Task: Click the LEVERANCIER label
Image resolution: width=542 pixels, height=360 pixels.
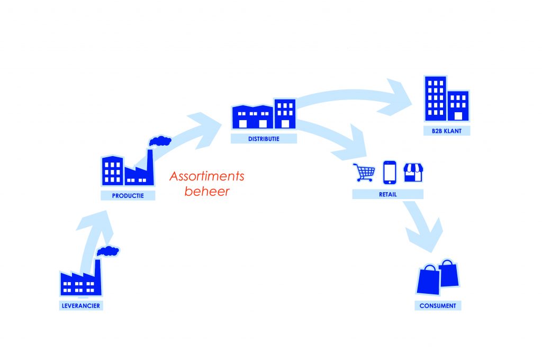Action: tap(79, 305)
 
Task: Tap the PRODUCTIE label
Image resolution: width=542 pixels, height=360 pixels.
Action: tap(129, 195)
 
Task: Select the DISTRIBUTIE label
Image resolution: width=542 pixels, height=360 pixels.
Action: tap(264, 139)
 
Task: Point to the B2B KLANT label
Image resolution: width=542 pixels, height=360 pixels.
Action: tap(446, 131)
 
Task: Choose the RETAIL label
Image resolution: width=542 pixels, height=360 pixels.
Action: tap(387, 194)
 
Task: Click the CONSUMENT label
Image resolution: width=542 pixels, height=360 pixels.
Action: tap(438, 305)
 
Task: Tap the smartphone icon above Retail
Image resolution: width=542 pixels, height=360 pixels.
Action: tap(390, 172)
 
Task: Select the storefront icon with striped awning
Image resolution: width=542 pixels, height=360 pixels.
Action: tap(414, 172)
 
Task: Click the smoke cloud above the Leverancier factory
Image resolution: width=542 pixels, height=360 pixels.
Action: tap(108, 251)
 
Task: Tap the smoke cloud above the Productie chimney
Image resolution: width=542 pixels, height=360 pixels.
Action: tap(160, 141)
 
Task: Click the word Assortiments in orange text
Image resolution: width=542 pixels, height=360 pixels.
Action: tap(207, 176)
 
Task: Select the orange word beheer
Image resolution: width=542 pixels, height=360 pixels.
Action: tap(207, 191)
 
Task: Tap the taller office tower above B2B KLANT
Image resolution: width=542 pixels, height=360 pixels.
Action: tap(435, 98)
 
